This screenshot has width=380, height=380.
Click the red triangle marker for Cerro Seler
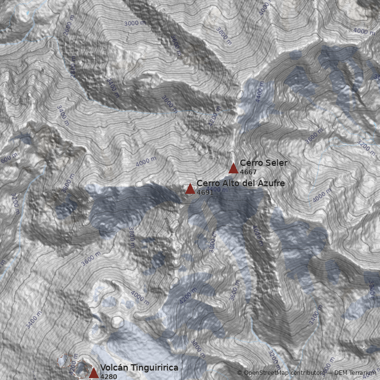click(233, 168)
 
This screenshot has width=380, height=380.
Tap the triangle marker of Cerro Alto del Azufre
click(190, 189)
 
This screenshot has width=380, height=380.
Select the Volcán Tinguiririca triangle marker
click(94, 373)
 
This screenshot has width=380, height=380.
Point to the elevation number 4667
click(248, 172)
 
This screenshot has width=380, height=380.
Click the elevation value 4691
click(205, 192)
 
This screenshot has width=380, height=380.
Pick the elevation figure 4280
click(108, 377)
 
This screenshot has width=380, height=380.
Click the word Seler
click(275, 163)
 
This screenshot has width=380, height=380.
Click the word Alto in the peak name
click(228, 183)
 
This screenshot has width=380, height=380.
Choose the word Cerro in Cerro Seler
click(251, 163)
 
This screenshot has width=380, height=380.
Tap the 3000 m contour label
click(134, 23)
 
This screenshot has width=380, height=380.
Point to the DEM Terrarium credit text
click(355, 373)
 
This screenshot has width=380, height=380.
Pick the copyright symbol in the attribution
click(239, 373)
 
